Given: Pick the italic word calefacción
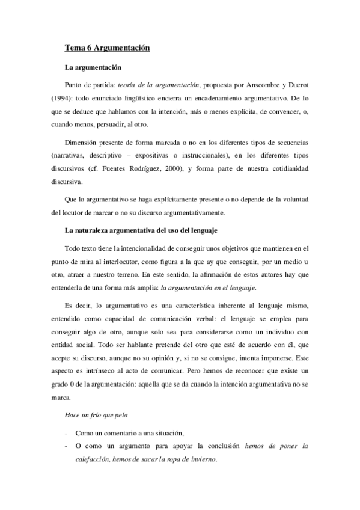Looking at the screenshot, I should (95, 460).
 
